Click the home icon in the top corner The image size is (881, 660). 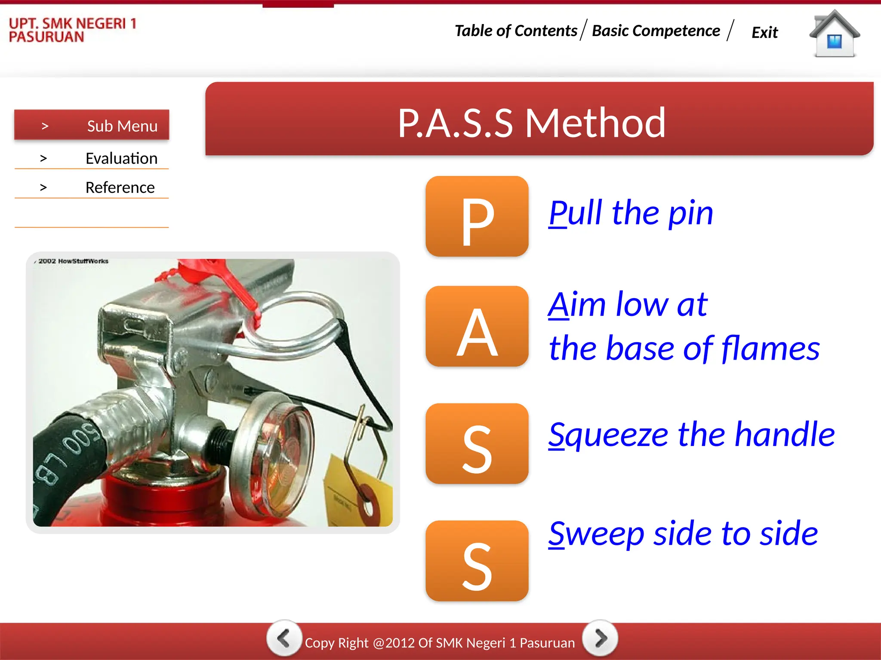[x=834, y=34]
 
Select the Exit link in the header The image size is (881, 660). [x=764, y=33]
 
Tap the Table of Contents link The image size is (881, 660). [x=516, y=31]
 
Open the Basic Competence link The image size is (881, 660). [x=656, y=31]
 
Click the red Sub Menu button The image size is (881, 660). [x=92, y=125]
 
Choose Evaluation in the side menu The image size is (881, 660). [x=121, y=159]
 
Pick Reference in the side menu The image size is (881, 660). [x=120, y=188]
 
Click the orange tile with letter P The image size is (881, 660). [x=477, y=216]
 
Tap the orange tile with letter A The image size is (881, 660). [x=477, y=326]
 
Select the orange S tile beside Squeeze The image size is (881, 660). [x=477, y=443]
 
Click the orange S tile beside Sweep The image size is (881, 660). [x=477, y=560]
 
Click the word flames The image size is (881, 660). [x=770, y=348]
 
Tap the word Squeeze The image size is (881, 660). [x=608, y=435]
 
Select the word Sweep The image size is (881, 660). [x=596, y=534]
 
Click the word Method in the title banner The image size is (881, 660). [x=595, y=123]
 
